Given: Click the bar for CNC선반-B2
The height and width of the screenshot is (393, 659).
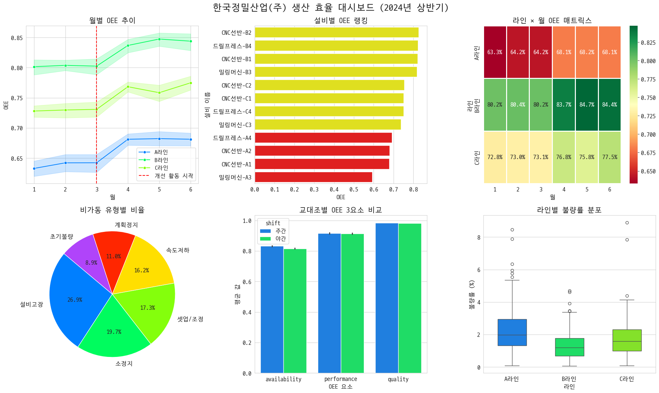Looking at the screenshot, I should click(x=337, y=32).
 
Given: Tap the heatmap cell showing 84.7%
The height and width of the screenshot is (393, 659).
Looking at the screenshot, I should click(x=587, y=105).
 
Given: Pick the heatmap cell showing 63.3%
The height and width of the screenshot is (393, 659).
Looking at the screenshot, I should click(x=495, y=52).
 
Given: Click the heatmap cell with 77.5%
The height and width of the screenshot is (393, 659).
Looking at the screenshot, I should click(x=610, y=157).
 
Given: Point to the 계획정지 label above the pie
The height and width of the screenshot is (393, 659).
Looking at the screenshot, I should click(x=126, y=225).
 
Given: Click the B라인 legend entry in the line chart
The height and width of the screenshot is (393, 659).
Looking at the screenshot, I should click(x=161, y=160).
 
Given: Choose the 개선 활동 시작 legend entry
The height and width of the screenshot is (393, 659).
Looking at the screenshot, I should click(x=174, y=176).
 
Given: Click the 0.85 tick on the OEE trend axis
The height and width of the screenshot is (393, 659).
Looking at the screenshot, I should click(x=17, y=38).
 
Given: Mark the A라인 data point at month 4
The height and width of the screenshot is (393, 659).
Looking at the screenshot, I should click(x=128, y=139).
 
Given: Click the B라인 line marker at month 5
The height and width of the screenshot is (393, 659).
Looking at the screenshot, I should click(x=159, y=39).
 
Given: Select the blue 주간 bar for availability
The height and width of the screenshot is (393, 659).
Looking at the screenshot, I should click(x=272, y=309).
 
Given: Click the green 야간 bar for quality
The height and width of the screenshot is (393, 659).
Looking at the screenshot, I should click(x=410, y=297).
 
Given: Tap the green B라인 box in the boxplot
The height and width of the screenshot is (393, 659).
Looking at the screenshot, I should click(x=569, y=347).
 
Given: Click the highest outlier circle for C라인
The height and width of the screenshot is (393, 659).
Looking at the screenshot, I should click(x=627, y=223).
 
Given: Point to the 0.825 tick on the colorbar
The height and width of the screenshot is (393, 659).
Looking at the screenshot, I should click(x=648, y=43).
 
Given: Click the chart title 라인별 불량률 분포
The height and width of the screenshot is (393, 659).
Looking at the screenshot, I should click(x=569, y=210).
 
